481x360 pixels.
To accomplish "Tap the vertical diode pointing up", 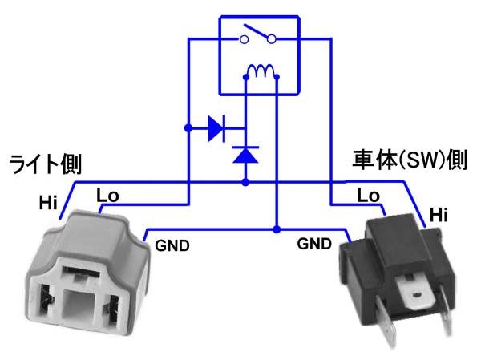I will coord(245,153).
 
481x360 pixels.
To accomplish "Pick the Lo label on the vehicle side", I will coord(368,195).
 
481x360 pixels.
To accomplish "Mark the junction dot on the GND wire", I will coord(277,230).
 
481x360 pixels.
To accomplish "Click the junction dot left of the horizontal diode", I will coord(187,127).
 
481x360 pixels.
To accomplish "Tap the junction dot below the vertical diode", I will coord(245,183).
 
